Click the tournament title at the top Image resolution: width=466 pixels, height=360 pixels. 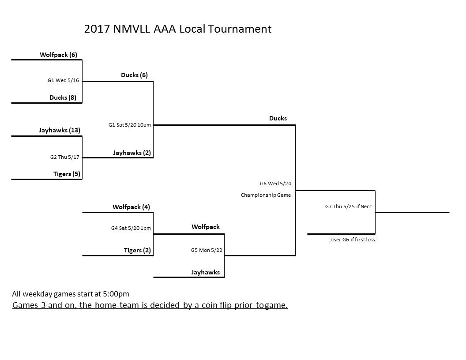coord(178,29)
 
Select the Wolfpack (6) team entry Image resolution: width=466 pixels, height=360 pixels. coord(59,55)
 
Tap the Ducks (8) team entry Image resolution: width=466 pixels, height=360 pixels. coord(63,98)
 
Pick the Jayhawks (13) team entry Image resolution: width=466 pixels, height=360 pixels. coord(60,131)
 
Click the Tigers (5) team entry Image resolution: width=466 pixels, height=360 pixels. coord(67,174)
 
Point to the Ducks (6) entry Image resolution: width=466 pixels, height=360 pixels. coord(134,75)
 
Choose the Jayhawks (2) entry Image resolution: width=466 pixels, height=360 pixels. coord(132,153)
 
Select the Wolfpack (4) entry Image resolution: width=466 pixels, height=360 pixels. coord(132,207)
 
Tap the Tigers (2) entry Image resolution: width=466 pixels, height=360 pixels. coord(137,251)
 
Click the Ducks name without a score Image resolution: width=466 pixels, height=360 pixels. coord(278,118)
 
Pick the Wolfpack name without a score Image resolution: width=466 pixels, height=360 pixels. coord(206,227)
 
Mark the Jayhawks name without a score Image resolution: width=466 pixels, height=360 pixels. coord(206,272)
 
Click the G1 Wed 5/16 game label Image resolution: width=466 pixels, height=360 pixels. coord(63,80)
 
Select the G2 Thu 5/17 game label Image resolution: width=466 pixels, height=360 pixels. coord(65,157)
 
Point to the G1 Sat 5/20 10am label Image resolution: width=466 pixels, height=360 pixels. coord(130,125)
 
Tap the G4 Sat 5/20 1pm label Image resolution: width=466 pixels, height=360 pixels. coord(131,228)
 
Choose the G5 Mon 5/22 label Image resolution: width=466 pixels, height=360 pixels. coord(207,250)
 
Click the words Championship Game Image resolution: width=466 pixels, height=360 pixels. coord(266,195)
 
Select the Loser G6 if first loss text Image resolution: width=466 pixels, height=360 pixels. coord(352,240)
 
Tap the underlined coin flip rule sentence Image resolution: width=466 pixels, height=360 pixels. coord(150,305)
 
